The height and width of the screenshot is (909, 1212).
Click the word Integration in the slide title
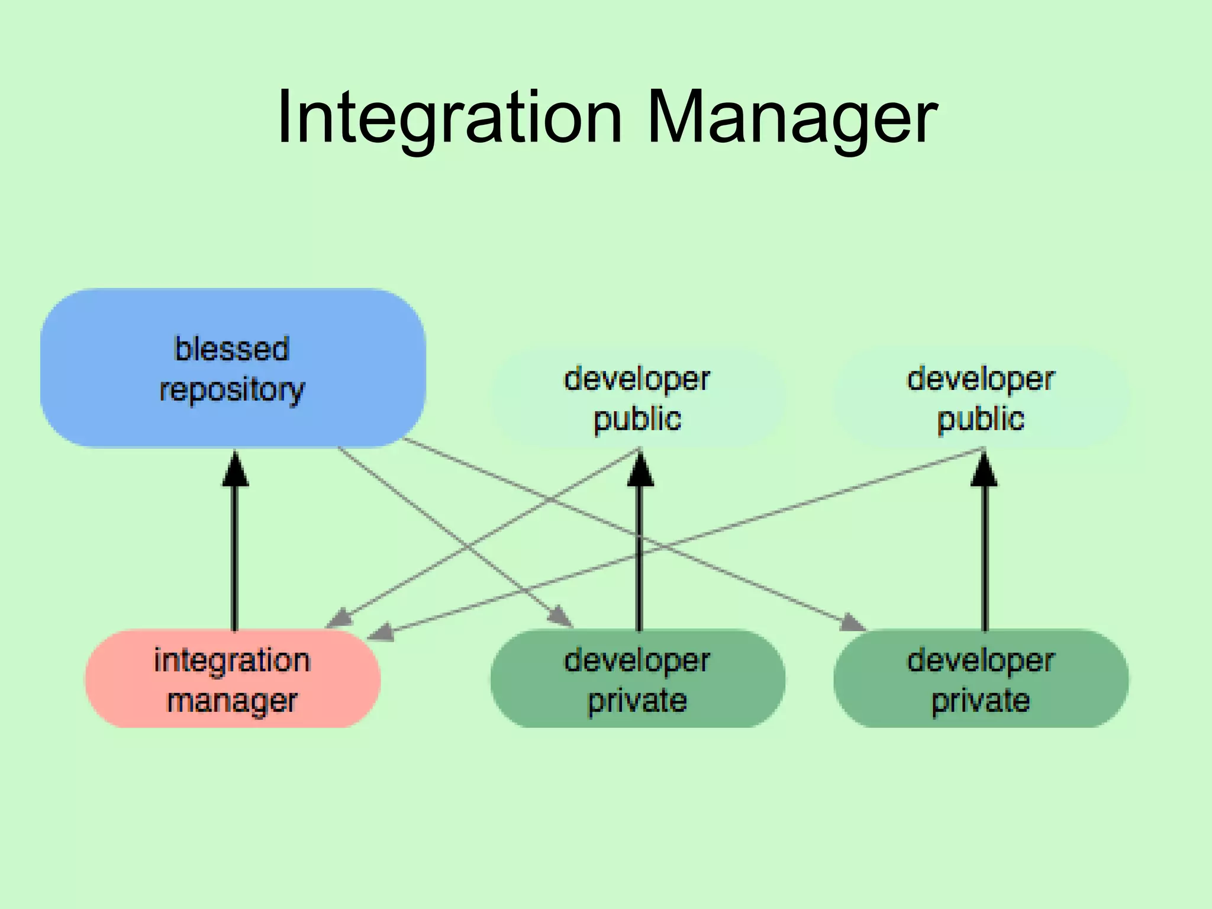point(450,117)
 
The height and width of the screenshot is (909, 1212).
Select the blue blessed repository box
point(233,368)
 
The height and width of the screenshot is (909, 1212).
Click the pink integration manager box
point(233,679)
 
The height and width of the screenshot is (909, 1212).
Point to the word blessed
point(232,349)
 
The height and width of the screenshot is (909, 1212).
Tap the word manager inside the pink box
point(232,701)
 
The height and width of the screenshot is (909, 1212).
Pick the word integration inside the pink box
point(232,660)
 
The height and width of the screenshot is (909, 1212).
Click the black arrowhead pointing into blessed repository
point(235,470)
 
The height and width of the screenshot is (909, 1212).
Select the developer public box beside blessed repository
point(637,398)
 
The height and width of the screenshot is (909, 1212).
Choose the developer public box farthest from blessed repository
point(981,398)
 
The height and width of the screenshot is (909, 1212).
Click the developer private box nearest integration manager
point(637,679)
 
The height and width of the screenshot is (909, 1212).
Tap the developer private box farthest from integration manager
point(981,679)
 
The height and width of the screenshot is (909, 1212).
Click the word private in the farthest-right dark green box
point(981,701)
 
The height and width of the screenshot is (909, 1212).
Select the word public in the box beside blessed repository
point(637,419)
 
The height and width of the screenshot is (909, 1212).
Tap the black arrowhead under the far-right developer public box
point(984,470)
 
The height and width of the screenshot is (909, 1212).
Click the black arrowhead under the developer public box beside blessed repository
point(640,470)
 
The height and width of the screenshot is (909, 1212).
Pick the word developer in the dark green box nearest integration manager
point(637,660)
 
